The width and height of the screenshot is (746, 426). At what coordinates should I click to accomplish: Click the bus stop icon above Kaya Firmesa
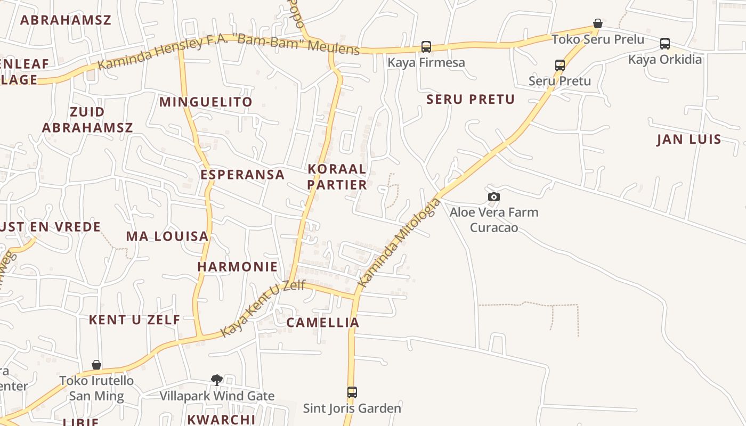[426, 46]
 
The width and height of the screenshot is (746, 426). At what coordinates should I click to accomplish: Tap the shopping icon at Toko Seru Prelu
[598, 23]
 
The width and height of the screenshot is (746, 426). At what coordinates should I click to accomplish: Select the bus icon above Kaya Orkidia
[665, 44]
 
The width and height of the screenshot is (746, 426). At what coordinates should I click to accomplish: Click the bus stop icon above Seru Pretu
[560, 65]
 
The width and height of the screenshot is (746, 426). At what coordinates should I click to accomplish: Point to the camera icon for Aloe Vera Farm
[494, 196]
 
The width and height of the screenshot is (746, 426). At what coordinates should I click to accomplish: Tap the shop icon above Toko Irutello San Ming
[96, 365]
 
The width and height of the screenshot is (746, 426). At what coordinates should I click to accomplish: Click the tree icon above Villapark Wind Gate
[217, 380]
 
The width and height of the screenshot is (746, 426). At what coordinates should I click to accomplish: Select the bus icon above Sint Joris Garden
[352, 392]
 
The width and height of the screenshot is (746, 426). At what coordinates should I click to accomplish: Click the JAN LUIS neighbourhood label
[689, 140]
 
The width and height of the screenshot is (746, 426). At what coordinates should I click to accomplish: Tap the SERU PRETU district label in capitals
[471, 100]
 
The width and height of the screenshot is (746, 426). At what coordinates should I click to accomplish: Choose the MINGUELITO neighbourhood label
[206, 102]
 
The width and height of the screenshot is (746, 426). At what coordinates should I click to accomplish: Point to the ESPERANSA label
[242, 175]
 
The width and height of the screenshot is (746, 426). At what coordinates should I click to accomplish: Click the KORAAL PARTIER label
[337, 177]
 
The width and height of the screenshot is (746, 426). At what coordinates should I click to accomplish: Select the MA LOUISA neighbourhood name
[167, 236]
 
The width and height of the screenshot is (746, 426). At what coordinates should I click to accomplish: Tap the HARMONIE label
[238, 266]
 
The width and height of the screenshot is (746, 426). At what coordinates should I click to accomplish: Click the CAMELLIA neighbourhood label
[323, 323]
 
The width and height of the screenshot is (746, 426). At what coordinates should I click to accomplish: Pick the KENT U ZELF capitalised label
[134, 319]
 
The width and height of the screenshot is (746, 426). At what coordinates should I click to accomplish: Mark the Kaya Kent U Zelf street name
[263, 308]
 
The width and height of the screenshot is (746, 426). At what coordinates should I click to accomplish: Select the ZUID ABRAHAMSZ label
[87, 120]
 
